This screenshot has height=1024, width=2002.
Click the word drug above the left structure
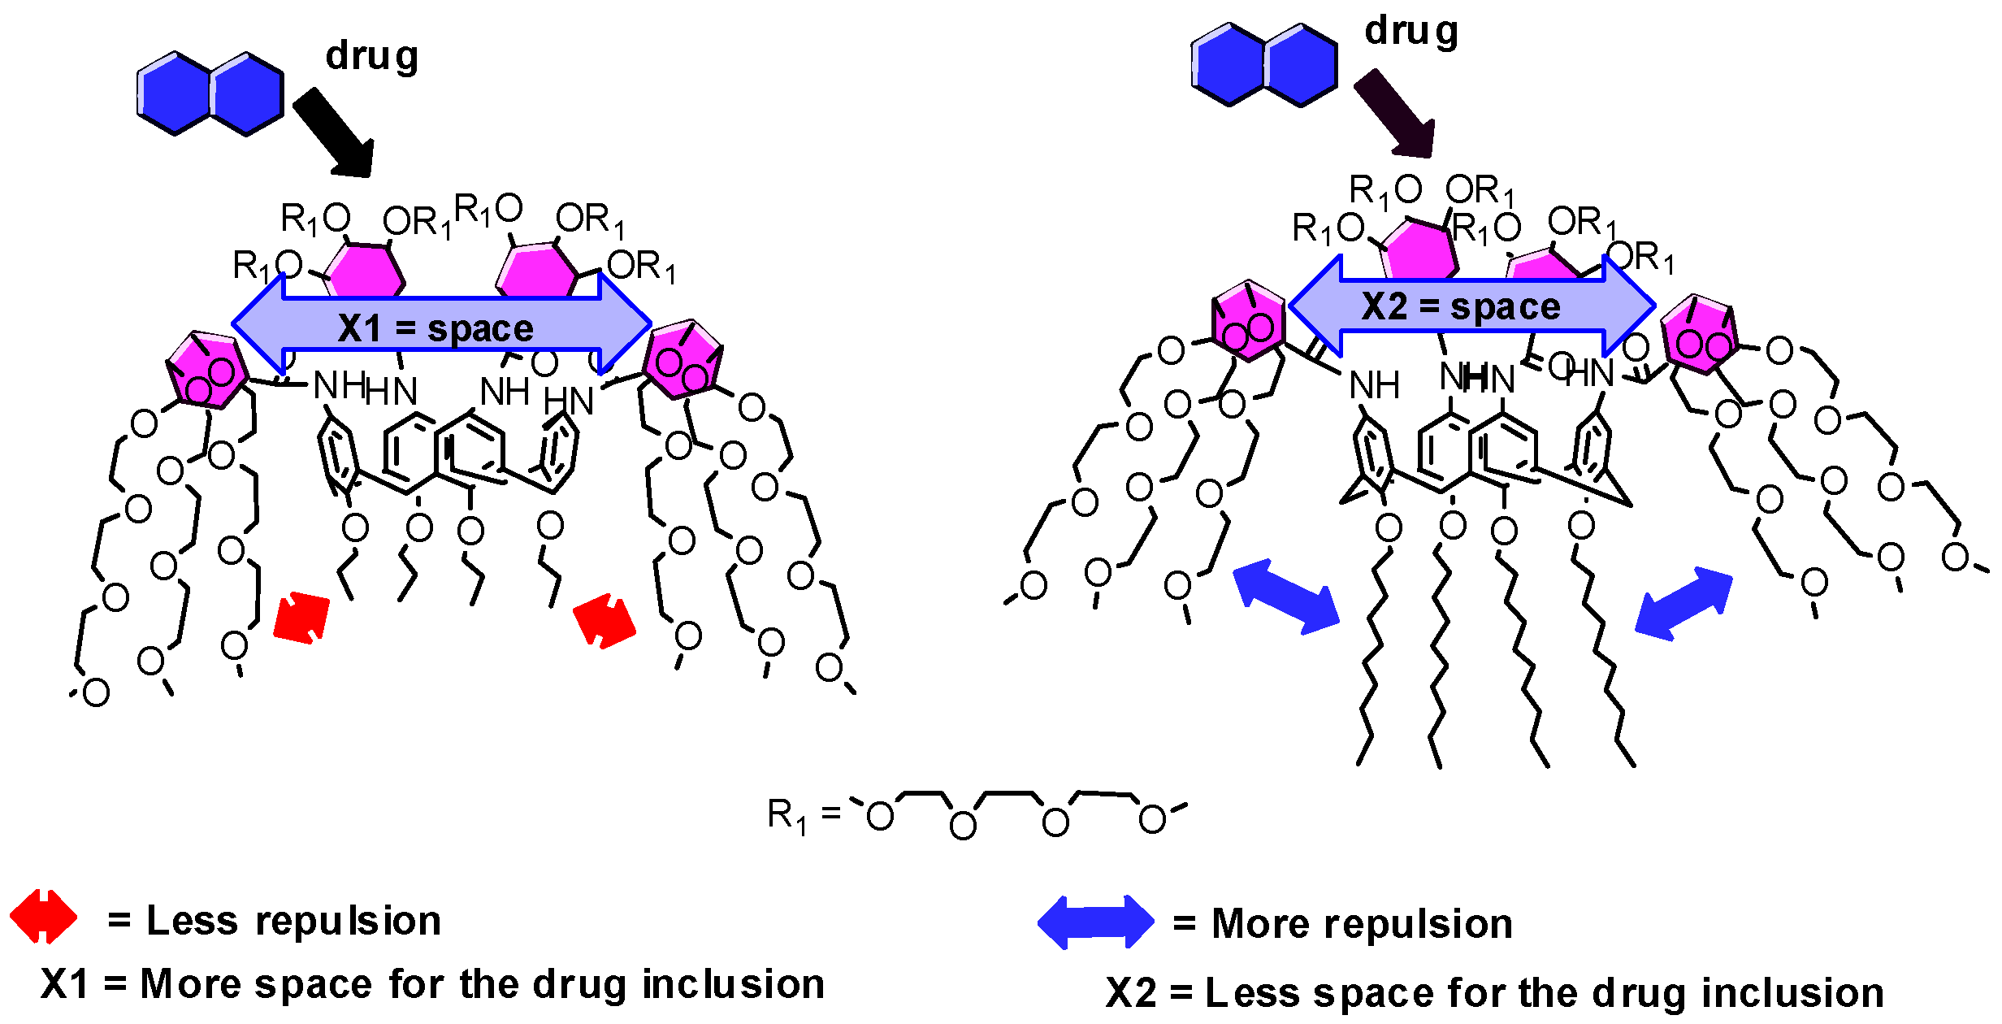pyautogui.click(x=371, y=57)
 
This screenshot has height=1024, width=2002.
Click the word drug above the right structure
pyautogui.click(x=1411, y=33)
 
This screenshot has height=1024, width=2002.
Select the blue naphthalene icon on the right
pyautogui.click(x=1264, y=65)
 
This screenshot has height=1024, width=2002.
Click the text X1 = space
pyautogui.click(x=436, y=328)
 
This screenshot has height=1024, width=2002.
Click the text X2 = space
pyautogui.click(x=1461, y=307)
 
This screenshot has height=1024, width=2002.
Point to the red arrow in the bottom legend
pyautogui.click(x=44, y=917)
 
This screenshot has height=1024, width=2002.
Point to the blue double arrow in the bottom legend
pyautogui.click(x=1095, y=922)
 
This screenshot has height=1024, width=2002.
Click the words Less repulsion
pyautogui.click(x=292, y=921)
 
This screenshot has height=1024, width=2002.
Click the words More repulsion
pyautogui.click(x=1362, y=924)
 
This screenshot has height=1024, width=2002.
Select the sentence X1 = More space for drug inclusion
pyautogui.click(x=432, y=984)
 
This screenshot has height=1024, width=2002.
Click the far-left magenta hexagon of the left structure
pyautogui.click(x=206, y=370)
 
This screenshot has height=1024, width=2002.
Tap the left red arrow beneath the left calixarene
pyautogui.click(x=301, y=618)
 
